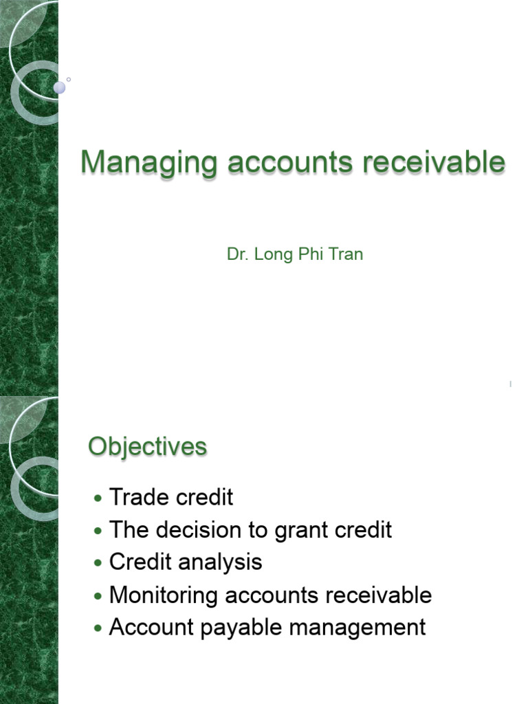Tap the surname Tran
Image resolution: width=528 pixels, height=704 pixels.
point(346,254)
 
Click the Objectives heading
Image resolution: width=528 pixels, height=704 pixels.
point(147,447)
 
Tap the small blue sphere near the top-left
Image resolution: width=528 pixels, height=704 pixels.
point(60,87)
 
